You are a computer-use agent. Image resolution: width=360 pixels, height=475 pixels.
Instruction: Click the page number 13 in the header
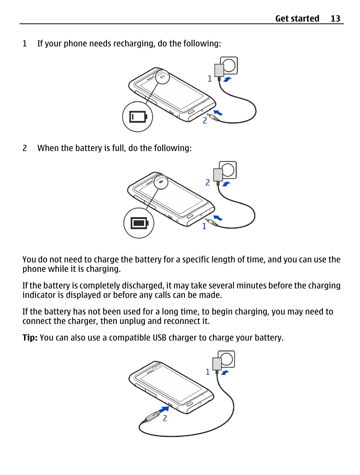(x=335, y=19)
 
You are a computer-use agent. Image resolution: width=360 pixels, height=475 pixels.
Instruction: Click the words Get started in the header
(x=297, y=19)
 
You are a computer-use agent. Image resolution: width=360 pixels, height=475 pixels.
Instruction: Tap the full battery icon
(x=140, y=223)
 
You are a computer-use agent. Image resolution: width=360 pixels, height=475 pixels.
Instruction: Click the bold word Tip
(x=29, y=338)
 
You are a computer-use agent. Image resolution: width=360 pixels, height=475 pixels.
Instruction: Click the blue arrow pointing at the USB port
(x=164, y=409)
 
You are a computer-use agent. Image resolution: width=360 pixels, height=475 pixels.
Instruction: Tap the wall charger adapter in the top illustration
(x=219, y=70)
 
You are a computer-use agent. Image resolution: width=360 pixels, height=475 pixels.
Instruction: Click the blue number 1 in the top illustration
(x=209, y=79)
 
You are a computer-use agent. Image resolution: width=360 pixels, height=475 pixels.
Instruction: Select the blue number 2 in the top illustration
(x=205, y=120)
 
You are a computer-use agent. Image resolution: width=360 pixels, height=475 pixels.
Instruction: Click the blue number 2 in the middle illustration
(x=208, y=182)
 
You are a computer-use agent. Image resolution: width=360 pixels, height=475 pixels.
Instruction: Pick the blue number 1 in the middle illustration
(x=204, y=226)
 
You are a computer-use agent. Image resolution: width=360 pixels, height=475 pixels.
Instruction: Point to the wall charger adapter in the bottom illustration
(x=217, y=364)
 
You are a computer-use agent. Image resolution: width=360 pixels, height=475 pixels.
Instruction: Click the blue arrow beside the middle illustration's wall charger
(x=226, y=184)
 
